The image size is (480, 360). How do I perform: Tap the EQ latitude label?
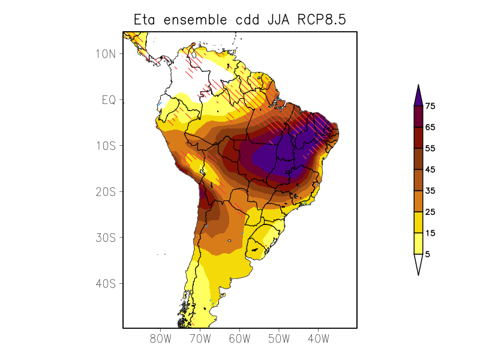click(109, 100)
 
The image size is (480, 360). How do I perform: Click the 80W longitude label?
click(160, 339)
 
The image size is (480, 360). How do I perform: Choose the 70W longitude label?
click(200, 339)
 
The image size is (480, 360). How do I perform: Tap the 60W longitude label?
click(239, 339)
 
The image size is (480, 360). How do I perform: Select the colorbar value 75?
click(430, 106)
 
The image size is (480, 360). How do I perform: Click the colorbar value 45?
click(430, 170)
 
